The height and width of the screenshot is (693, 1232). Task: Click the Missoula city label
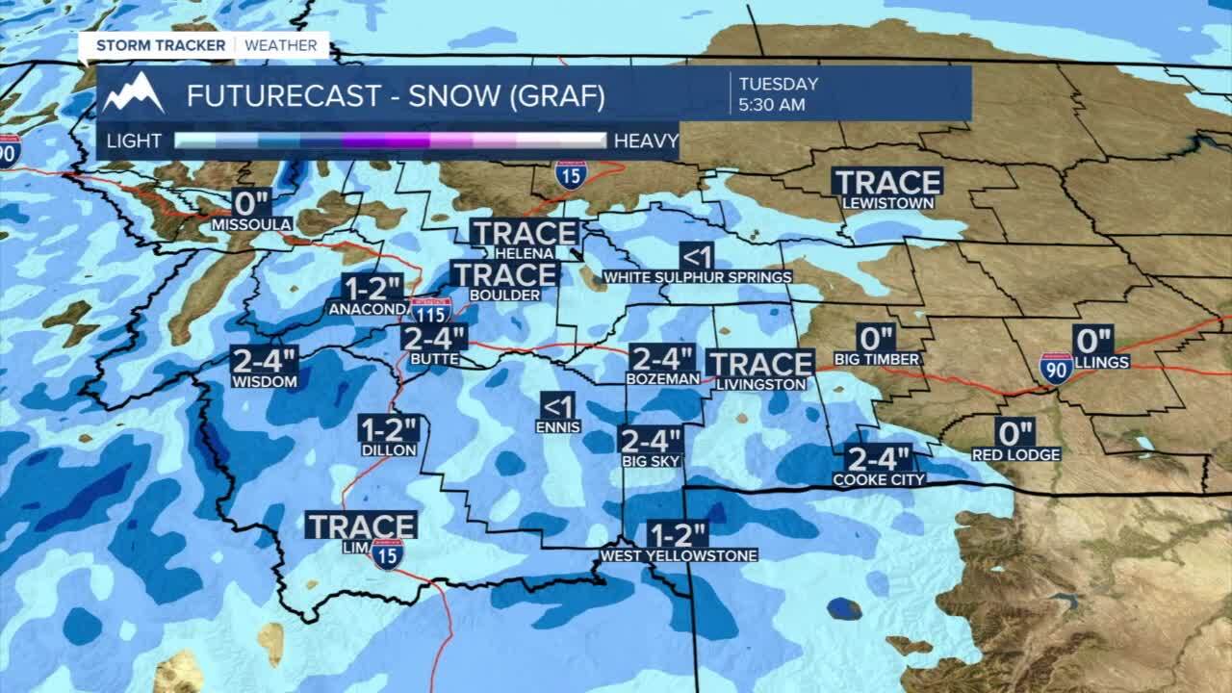(251, 224)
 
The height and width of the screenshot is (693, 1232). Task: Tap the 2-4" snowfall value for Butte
(434, 339)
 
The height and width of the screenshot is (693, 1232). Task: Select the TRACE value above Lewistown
(887, 182)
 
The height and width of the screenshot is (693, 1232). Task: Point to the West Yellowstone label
(679, 555)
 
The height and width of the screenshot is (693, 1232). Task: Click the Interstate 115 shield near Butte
(430, 310)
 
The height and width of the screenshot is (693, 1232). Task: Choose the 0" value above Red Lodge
(1015, 433)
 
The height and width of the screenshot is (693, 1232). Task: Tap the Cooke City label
(879, 479)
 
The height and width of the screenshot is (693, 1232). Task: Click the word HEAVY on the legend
(646, 141)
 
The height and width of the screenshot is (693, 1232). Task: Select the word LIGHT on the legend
(134, 141)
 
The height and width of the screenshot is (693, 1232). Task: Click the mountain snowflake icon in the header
(134, 93)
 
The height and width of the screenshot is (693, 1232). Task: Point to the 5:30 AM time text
(772, 105)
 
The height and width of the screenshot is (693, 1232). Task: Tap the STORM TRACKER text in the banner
(161, 45)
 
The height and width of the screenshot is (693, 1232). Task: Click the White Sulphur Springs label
(698, 277)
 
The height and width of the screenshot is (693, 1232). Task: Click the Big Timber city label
(889, 359)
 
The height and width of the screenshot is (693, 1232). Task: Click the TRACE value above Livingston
(760, 364)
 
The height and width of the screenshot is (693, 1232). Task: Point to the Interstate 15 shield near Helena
(571, 175)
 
